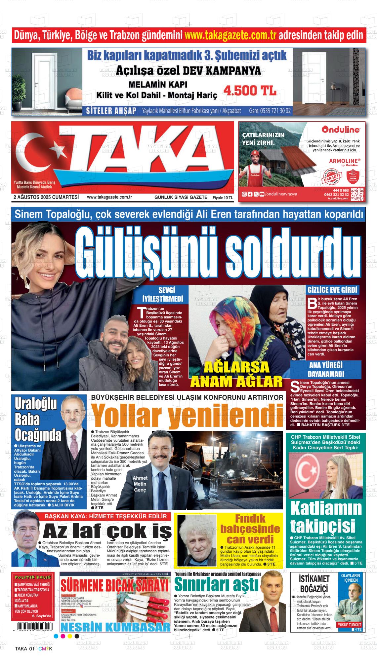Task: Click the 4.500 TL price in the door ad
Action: point(250,91)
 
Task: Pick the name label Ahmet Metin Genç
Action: point(140,484)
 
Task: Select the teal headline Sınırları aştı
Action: point(216,584)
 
